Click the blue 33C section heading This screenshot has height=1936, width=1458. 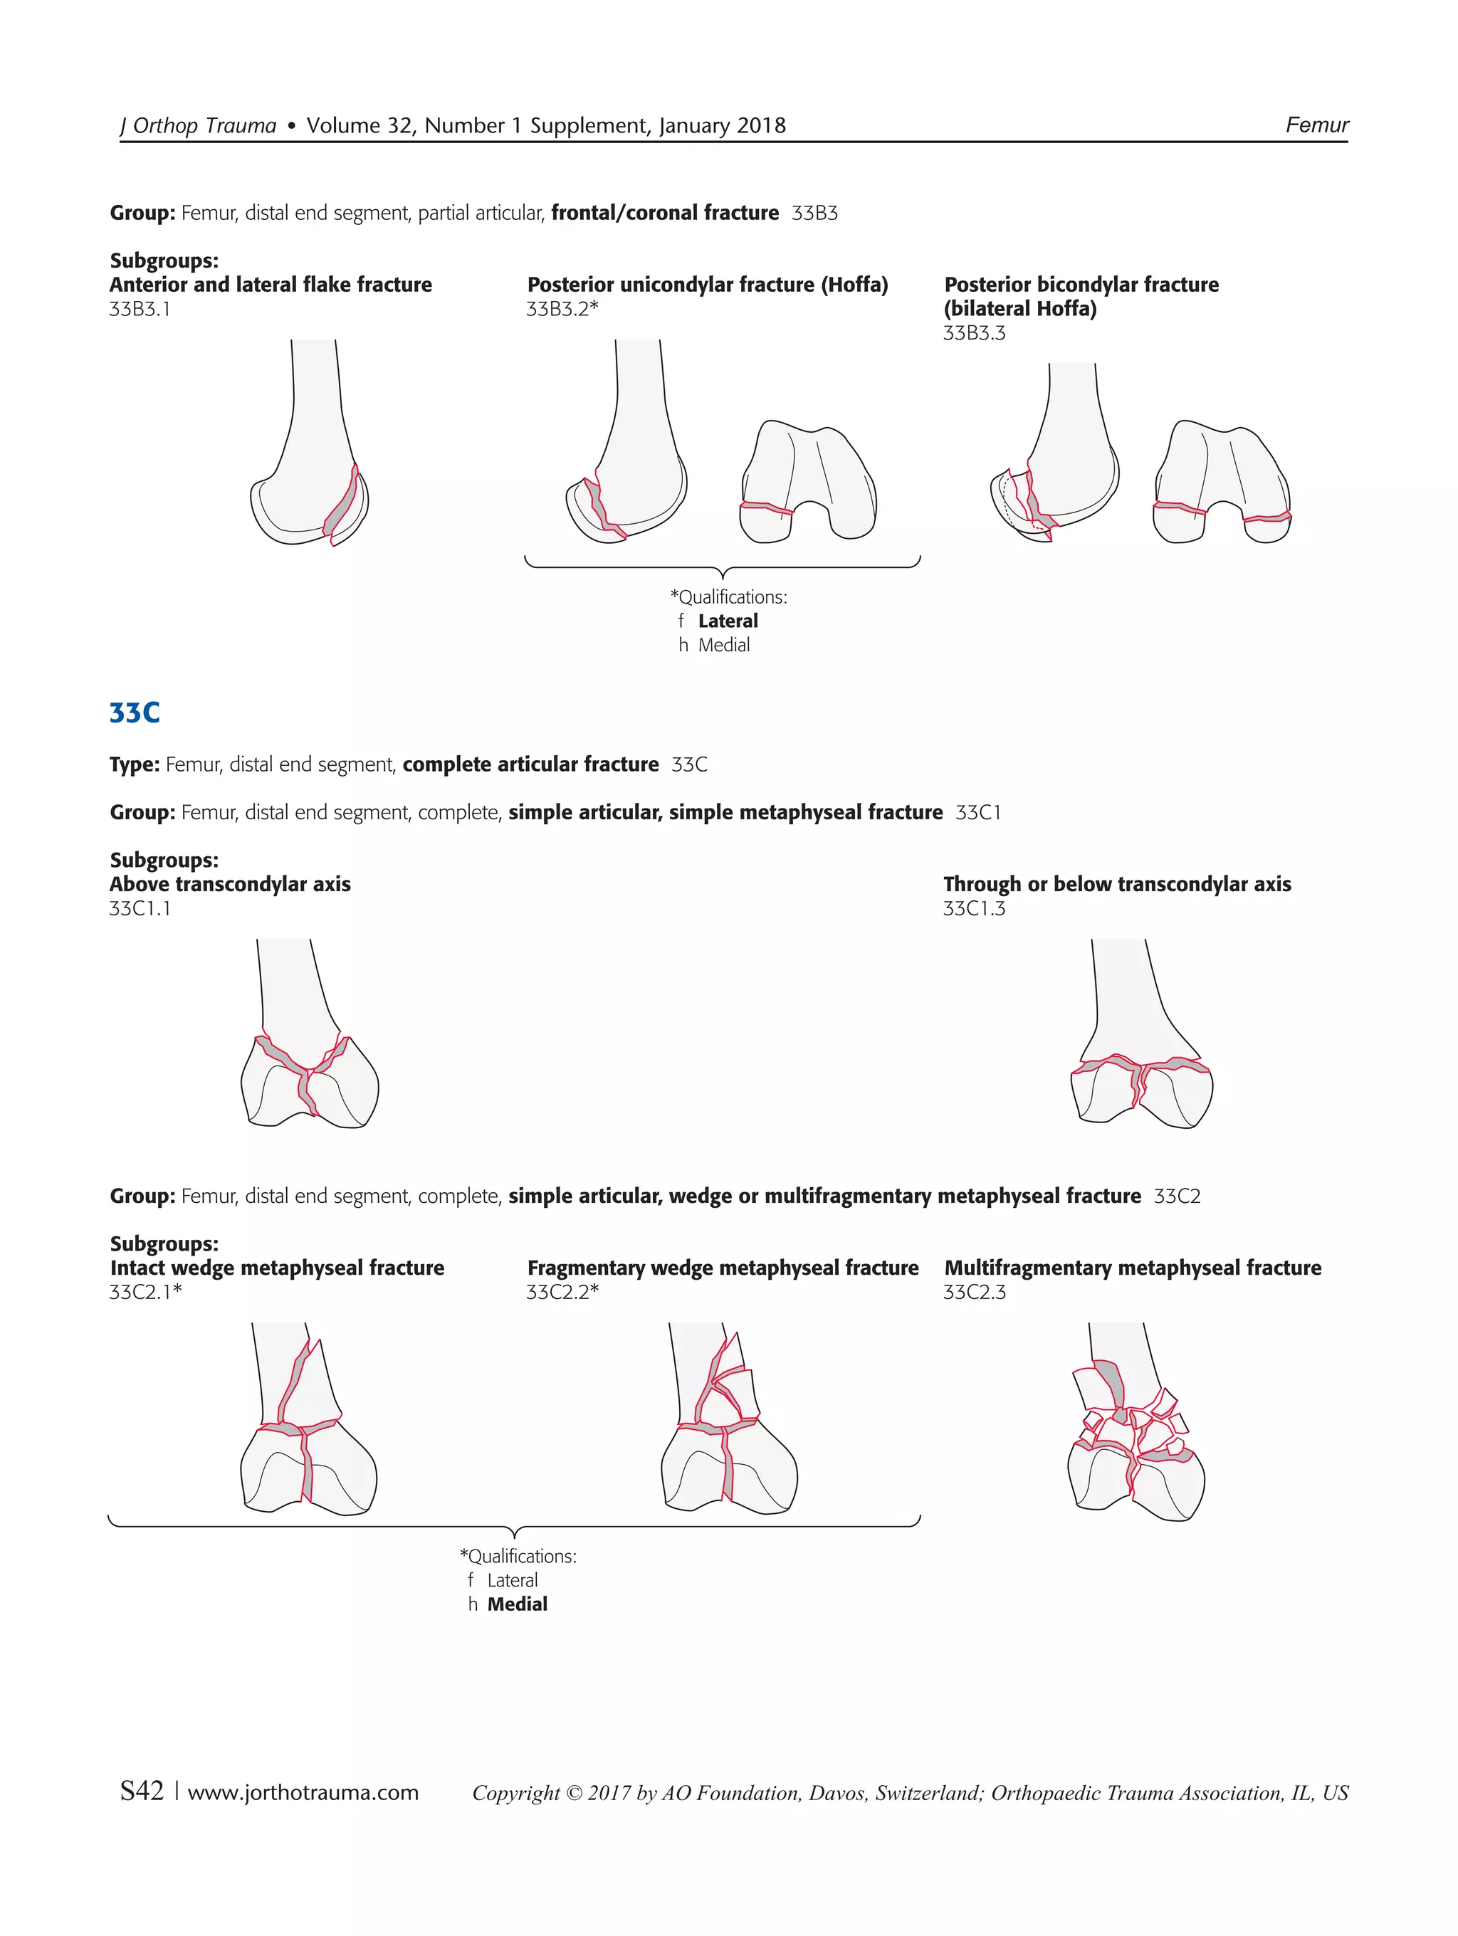(x=135, y=712)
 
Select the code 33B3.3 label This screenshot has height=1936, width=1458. (x=974, y=333)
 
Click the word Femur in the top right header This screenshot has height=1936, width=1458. (x=1316, y=125)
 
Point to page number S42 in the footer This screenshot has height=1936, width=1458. (x=142, y=1791)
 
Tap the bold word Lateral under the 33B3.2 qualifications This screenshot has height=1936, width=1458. (x=728, y=621)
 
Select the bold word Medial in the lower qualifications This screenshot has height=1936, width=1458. (x=518, y=1604)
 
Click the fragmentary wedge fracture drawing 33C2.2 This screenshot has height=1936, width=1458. (x=728, y=1422)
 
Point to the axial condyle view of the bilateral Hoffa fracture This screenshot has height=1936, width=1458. (x=1222, y=483)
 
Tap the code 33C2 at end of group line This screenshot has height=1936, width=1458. (x=1176, y=1196)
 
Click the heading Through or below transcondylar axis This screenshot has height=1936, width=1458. (x=1117, y=884)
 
